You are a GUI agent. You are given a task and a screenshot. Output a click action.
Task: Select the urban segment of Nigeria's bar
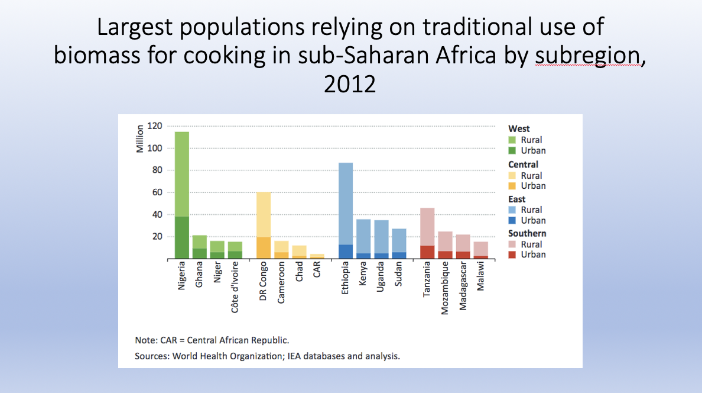pos(182,237)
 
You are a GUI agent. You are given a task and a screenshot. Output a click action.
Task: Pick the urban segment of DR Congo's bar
pos(264,248)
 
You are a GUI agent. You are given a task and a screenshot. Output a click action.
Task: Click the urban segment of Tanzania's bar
pos(427,252)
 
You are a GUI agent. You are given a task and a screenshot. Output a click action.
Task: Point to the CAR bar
pos(317,256)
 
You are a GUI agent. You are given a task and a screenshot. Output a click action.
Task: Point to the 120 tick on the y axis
pos(155,126)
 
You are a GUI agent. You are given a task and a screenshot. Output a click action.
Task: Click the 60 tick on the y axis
pos(157,192)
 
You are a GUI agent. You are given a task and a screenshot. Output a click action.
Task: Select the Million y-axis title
pos(140,139)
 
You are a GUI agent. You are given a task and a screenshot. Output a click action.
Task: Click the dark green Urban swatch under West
pos(512,150)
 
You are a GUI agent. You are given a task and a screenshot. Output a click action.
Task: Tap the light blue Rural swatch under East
pos(512,210)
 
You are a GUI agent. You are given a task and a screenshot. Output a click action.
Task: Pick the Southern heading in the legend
pos(527,233)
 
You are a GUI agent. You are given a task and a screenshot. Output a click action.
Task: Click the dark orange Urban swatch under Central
pos(512,186)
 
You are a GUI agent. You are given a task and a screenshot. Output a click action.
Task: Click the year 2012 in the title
pos(350,83)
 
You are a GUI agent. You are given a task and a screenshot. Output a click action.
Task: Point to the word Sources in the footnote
pos(152,356)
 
